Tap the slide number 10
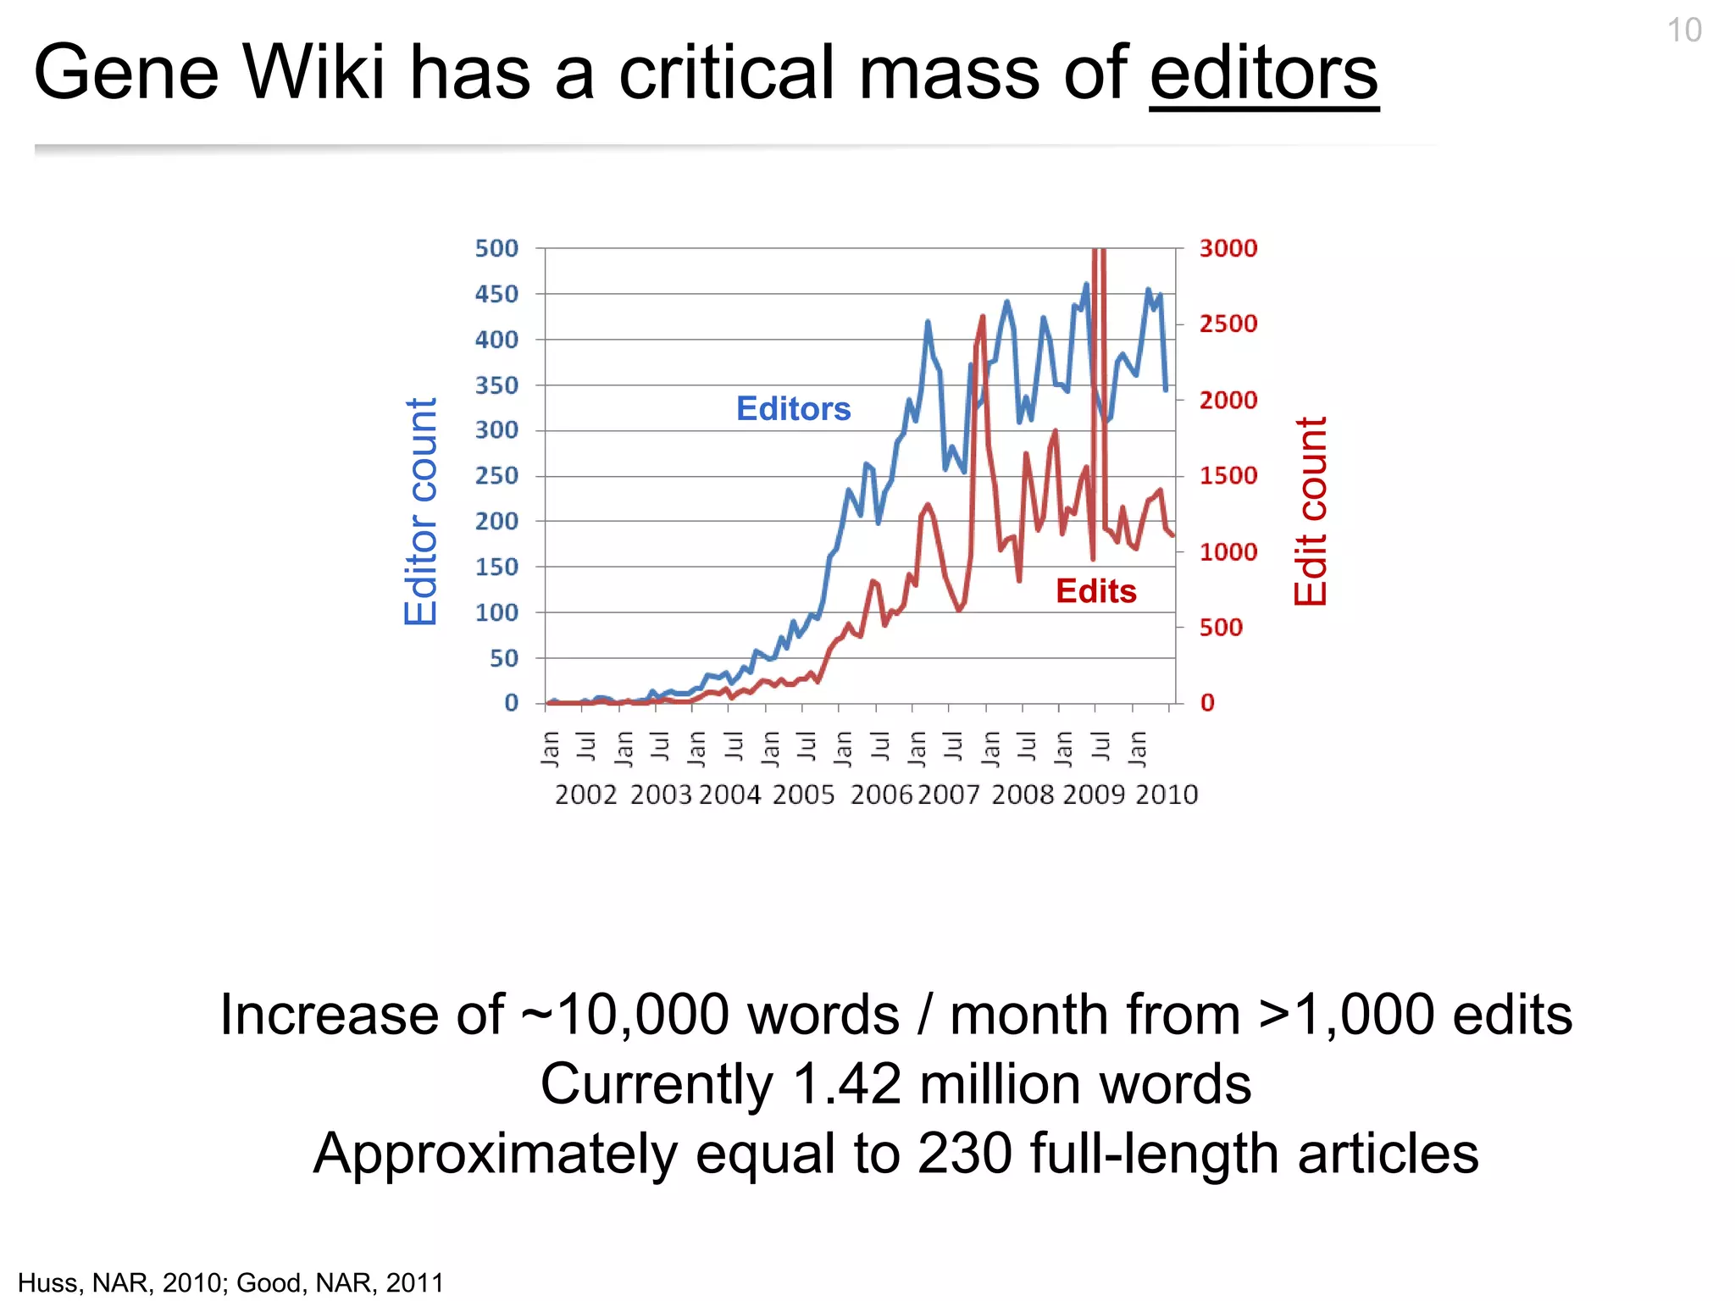pyautogui.click(x=1683, y=31)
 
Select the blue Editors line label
pyautogui.click(x=793, y=409)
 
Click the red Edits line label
pyautogui.click(x=1095, y=591)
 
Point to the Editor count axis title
pyautogui.click(x=421, y=512)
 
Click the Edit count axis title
pyautogui.click(x=1311, y=512)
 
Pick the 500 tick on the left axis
pyautogui.click(x=496, y=249)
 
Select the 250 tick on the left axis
pyautogui.click(x=496, y=476)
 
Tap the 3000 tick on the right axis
pyautogui.click(x=1228, y=249)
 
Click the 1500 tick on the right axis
pyautogui.click(x=1228, y=476)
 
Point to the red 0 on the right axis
pyautogui.click(x=1207, y=703)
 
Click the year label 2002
pyautogui.click(x=585, y=795)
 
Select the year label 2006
pyautogui.click(x=881, y=795)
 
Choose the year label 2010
pyautogui.click(x=1167, y=795)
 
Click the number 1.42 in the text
pyautogui.click(x=846, y=1085)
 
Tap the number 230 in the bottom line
pyautogui.click(x=965, y=1154)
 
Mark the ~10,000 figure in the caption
pyautogui.click(x=624, y=1015)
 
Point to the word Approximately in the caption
pyautogui.click(x=494, y=1154)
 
